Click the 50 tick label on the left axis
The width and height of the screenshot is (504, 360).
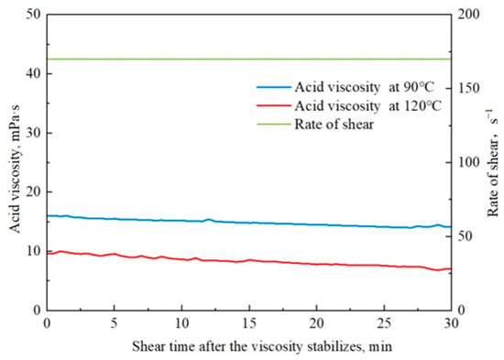point(34,15)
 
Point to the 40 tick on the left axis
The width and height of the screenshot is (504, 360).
point(34,73)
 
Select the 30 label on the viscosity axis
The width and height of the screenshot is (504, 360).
point(34,133)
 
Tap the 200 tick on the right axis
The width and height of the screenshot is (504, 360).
point(468,15)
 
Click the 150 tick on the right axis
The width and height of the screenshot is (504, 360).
point(468,88)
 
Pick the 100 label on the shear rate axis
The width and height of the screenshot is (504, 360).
point(468,162)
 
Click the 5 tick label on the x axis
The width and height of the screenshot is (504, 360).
point(115,323)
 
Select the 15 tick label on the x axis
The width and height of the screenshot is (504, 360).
point(249,323)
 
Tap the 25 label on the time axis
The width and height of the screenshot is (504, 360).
point(384,323)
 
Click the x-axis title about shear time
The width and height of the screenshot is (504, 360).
point(262,347)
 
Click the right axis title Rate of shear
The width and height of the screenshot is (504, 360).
point(492,163)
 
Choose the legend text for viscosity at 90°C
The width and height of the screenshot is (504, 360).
point(365,87)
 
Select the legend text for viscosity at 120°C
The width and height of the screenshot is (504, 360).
point(368,105)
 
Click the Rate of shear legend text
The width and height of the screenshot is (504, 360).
point(334,125)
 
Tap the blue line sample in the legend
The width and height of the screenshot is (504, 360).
point(274,87)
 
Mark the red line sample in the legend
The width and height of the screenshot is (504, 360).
point(274,105)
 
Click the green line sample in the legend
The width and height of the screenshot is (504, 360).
point(274,124)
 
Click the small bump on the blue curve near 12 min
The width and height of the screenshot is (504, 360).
point(209,220)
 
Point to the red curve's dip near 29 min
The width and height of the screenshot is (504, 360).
point(437,269)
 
